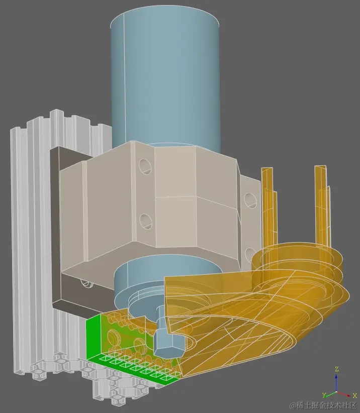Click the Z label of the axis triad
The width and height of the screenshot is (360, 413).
click(337, 369)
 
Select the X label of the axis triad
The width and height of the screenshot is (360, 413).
click(355, 395)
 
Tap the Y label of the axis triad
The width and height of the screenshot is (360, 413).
click(325, 395)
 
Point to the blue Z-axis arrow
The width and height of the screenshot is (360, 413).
click(337, 382)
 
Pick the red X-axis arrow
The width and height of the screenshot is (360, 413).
click(345, 394)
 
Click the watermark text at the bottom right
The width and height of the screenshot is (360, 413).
click(319, 405)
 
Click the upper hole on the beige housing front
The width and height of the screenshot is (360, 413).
click(145, 166)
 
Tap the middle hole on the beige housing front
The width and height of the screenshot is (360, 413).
click(146, 220)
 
